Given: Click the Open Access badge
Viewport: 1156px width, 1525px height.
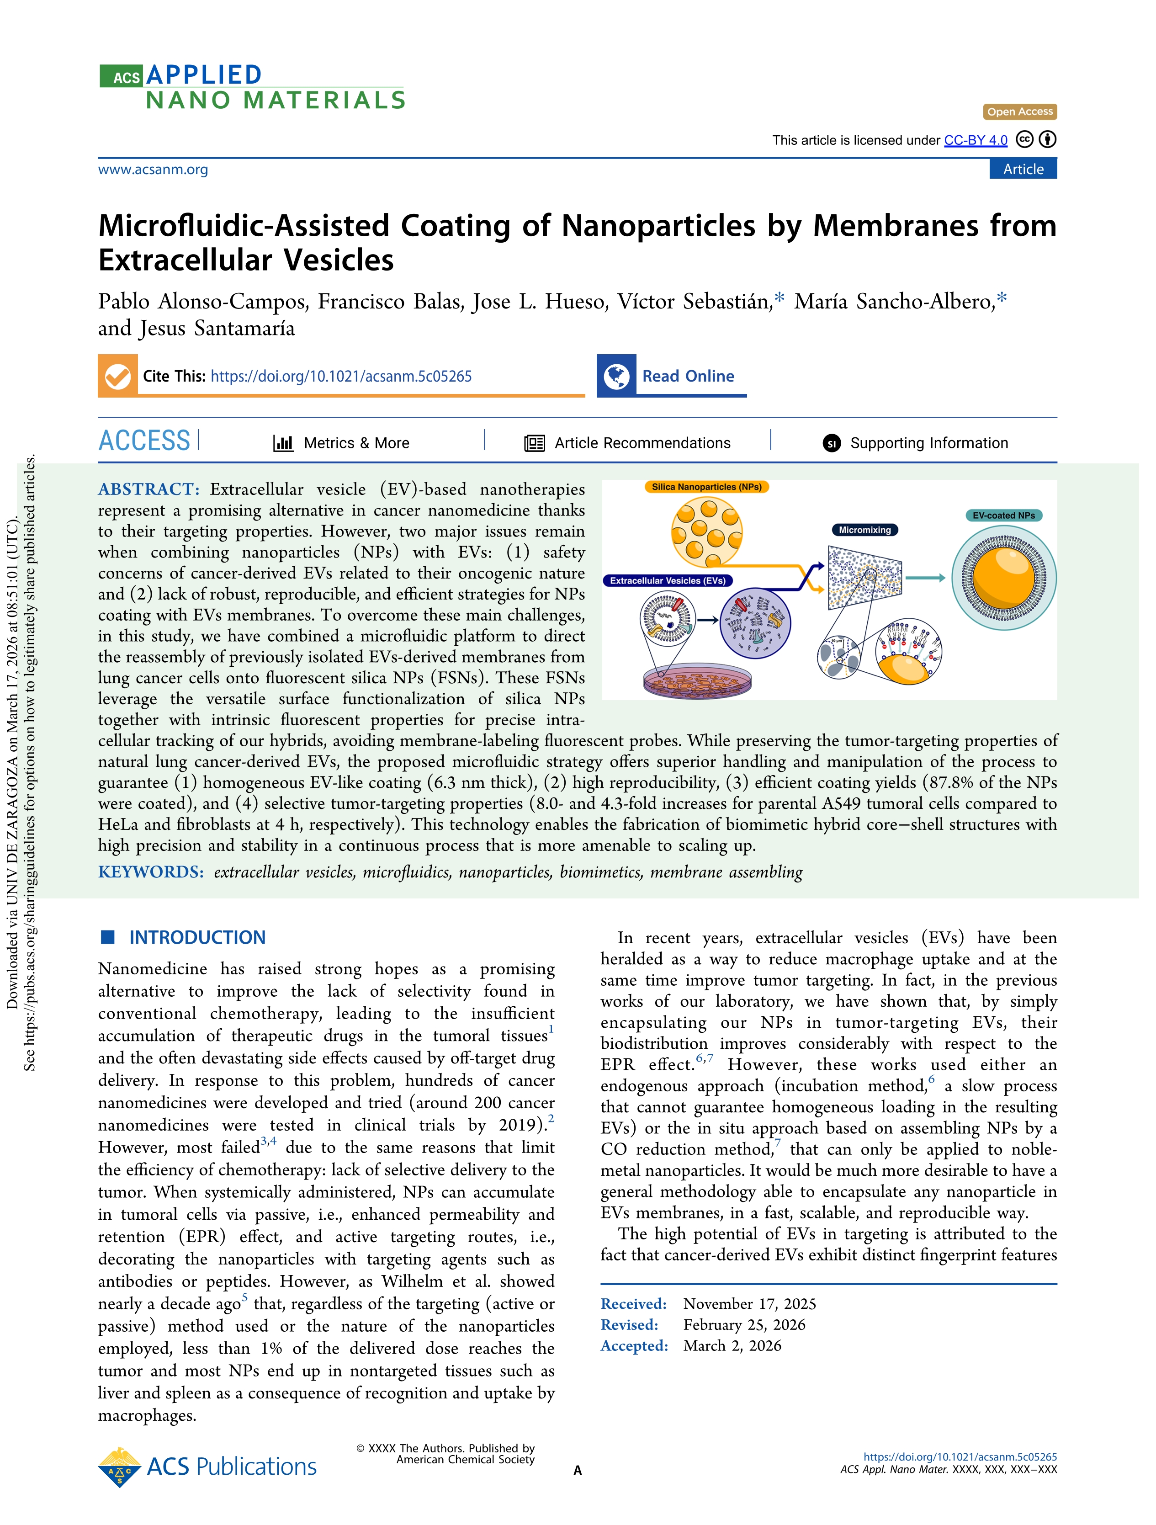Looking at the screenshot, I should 1019,112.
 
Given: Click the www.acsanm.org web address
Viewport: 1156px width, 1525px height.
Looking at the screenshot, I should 153,170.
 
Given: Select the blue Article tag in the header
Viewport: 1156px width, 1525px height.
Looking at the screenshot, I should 1023,170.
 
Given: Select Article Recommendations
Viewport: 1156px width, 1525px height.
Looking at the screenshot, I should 642,443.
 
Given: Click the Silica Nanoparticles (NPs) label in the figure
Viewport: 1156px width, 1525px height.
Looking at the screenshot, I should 706,487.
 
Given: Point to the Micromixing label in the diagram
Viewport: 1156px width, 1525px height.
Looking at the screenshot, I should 864,530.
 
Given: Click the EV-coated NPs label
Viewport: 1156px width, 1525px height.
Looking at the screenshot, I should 1004,515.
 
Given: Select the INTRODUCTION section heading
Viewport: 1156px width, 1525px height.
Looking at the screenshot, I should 197,938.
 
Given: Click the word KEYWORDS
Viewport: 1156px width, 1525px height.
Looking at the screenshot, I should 150,872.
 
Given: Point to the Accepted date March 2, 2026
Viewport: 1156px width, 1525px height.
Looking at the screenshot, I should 732,1346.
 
